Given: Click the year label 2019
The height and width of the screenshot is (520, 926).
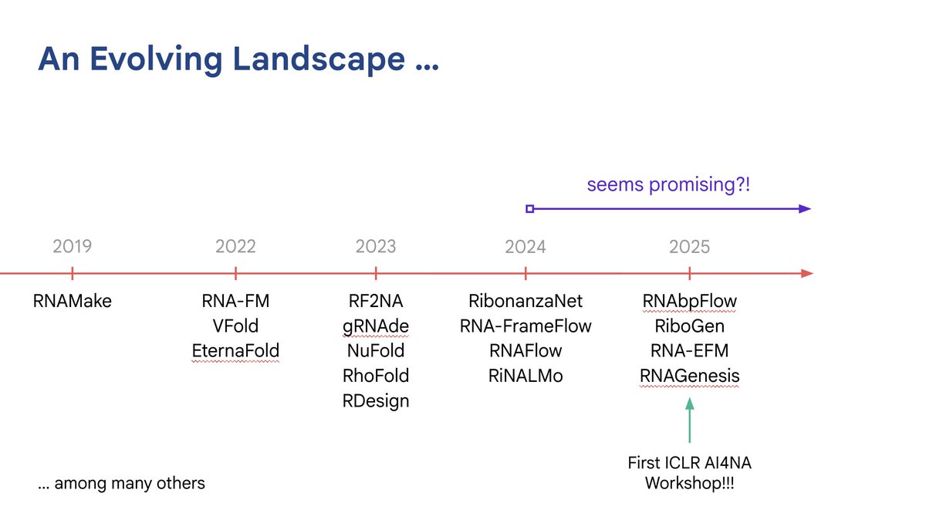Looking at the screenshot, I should coord(72,247).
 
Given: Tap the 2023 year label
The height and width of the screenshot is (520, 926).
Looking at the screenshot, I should coord(376,247).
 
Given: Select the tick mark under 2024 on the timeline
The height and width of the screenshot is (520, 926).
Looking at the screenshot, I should coord(526,273).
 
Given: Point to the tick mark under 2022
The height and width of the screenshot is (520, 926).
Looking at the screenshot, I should coord(235,273).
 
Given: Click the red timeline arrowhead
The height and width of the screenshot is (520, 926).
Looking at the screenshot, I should coord(806,273).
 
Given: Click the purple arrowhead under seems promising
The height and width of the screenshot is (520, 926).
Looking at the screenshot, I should coord(805,208).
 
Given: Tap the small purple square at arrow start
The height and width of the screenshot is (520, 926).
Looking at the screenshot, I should coord(529,208).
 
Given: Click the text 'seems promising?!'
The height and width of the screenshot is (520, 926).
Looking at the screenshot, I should coord(668,185).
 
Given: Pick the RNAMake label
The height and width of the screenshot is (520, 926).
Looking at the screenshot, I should coord(72,301).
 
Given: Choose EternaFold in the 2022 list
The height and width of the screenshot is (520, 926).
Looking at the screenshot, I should coord(235,351).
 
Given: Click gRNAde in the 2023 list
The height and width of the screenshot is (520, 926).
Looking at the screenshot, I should coord(376,326).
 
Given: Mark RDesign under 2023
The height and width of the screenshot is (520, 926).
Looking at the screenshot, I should coord(376,401).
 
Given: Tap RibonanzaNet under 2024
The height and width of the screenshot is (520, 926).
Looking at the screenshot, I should coord(526,301).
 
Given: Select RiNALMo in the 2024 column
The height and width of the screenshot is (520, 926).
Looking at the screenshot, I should coord(526,376).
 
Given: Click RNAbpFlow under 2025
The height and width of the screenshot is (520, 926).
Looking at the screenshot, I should coord(689,301).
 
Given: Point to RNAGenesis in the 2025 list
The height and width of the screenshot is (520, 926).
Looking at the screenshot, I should coord(689,376).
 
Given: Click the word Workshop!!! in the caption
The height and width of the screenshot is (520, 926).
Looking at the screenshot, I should coord(689,484).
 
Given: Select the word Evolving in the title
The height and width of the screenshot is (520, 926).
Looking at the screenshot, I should coord(161,59).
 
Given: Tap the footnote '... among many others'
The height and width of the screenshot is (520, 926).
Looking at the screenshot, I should coord(122,484).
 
